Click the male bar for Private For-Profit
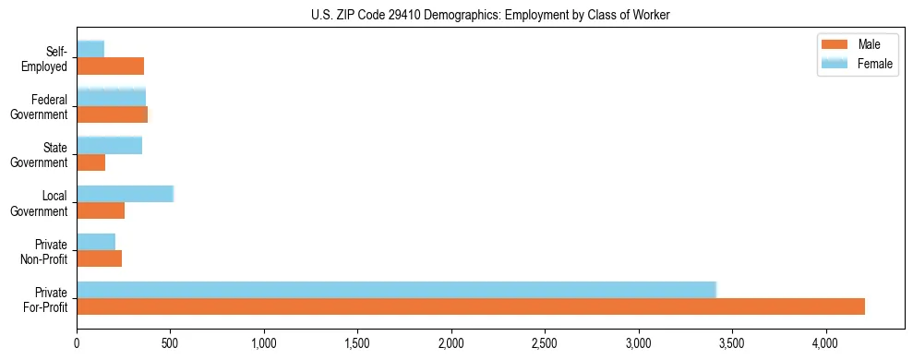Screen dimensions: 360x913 click(471, 306)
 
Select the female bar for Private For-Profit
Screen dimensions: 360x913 click(397, 290)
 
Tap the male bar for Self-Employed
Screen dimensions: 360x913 click(110, 66)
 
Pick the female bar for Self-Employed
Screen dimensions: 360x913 click(90, 49)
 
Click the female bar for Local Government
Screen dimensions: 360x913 click(125, 194)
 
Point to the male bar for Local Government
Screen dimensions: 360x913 click(101, 210)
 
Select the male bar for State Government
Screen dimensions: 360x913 click(90, 162)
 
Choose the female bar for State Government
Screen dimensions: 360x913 click(109, 146)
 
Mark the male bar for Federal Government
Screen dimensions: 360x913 click(112, 114)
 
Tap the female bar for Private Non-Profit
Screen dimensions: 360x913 click(96, 242)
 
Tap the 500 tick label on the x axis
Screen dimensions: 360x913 click(170, 342)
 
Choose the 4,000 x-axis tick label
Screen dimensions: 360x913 click(826, 342)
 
